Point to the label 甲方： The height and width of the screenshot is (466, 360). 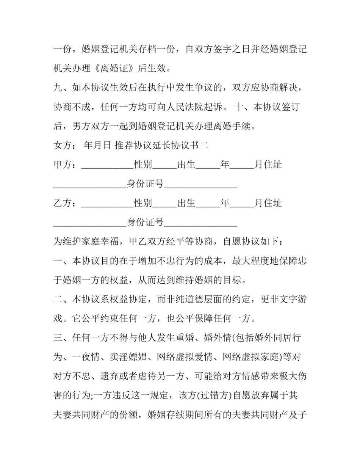click(67, 165)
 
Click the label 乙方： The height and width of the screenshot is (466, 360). click(67, 203)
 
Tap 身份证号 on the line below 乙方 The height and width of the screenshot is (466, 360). click(145, 222)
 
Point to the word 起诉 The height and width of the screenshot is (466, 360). click(214, 107)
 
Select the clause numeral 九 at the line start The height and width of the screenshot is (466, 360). click(57, 88)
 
